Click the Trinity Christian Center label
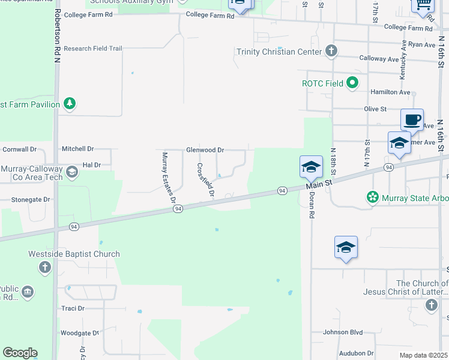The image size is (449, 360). point(275,52)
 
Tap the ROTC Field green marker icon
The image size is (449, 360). point(352,83)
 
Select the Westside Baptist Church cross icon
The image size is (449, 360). point(45,267)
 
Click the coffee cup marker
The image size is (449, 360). point(412,119)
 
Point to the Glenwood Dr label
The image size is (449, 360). point(205,150)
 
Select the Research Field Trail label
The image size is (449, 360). point(92,49)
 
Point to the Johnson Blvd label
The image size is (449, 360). point(343,332)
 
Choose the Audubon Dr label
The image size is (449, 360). point(357,354)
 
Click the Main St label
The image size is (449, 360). point(320,182)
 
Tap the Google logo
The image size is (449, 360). point(20,353)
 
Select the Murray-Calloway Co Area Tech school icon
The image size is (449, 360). point(71,173)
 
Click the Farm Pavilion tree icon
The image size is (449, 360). point(70,104)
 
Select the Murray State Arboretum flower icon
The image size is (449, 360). point(373,197)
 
